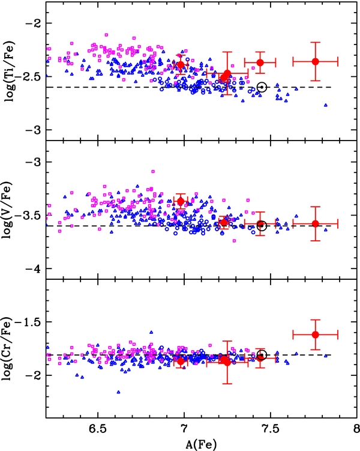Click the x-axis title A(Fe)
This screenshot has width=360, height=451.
pos(201,444)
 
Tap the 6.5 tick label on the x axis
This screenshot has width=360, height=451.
pos(98,429)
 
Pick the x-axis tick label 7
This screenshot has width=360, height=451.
pos(184,429)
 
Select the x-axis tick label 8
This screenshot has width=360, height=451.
pos(356,429)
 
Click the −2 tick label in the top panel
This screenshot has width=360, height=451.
pos(35,23)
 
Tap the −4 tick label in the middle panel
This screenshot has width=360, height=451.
pos(35,268)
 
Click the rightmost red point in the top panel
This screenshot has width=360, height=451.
pos(316,61)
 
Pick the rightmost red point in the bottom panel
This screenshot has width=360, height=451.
pos(316,334)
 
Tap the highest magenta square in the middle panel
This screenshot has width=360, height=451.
pos(153,171)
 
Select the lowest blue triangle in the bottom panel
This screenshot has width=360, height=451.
pos(118,392)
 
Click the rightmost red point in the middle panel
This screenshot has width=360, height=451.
pos(316,223)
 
